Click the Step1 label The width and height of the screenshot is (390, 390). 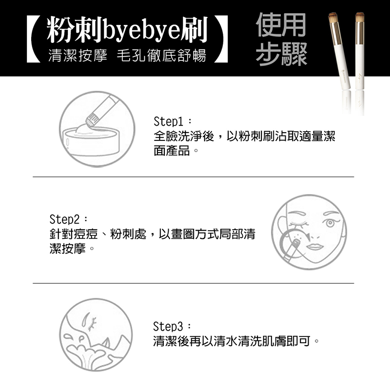(169, 121)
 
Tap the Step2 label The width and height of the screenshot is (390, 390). (64, 219)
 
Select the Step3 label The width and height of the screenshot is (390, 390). (168, 326)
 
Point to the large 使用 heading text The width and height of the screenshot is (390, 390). (281, 25)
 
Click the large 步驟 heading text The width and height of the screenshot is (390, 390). (281, 54)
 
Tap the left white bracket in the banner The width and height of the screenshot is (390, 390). (34, 39)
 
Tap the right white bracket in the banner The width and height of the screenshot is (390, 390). (221, 39)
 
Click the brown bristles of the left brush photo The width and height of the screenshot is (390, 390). (333, 18)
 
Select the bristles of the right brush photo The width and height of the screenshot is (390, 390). (360, 17)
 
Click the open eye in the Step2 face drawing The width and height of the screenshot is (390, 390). (330, 223)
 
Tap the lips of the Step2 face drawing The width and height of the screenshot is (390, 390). (315, 247)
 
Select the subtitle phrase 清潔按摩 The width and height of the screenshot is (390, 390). (78, 55)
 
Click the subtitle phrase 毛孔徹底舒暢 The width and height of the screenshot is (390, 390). (161, 55)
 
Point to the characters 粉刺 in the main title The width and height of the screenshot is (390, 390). (74, 30)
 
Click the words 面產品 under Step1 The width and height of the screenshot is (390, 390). (172, 151)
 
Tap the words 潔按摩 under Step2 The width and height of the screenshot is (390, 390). (68, 249)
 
